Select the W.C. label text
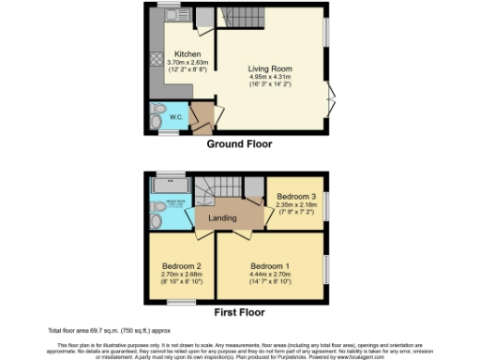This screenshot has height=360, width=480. point(176,117)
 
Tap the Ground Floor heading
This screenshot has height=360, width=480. point(239,144)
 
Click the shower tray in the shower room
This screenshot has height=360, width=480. point(171,185)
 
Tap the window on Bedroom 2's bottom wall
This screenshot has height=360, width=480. point(182,303)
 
